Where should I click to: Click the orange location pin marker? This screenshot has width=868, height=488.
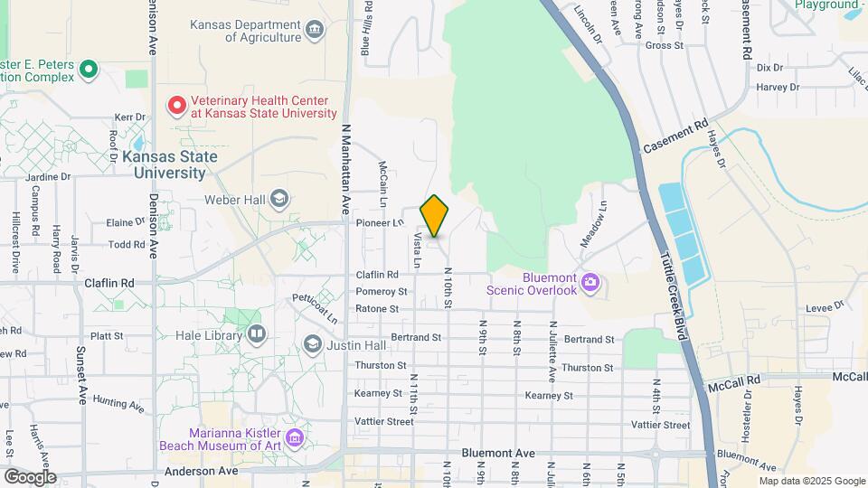click(435, 216)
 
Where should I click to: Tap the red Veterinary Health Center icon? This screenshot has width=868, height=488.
click(175, 106)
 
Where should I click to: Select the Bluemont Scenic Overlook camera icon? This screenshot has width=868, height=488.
click(590, 284)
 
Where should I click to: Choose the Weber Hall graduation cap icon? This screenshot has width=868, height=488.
click(279, 199)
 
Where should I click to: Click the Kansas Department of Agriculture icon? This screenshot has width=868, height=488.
click(314, 31)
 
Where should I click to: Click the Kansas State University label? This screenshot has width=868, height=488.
click(170, 164)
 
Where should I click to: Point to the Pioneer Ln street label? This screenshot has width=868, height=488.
click(380, 221)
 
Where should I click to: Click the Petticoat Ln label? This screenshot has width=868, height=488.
click(314, 307)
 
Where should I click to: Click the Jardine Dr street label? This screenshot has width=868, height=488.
click(49, 176)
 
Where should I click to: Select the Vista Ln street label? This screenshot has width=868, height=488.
click(417, 251)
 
